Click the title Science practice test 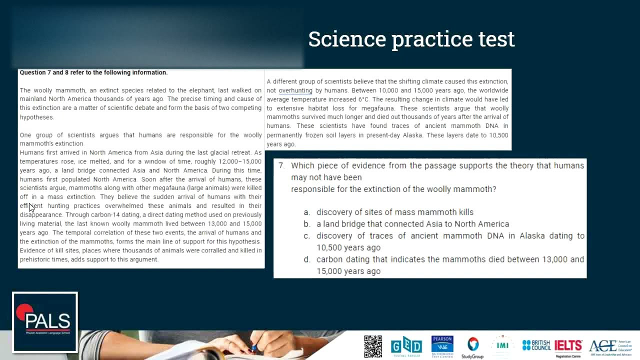coord(411,39)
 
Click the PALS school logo coord(45,322)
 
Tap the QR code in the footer coord(373,346)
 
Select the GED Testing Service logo coord(406,346)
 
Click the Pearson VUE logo coord(442,346)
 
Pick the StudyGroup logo coord(472,347)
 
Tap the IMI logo coord(502,345)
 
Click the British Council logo coord(536,345)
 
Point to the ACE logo coord(610,346)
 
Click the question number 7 coord(281,165)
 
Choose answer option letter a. coord(306,212)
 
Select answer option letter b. coord(306,224)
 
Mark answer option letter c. coord(306,236)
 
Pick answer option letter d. coord(306,259)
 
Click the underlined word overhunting coord(295,90)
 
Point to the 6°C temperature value coord(363,99)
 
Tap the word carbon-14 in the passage coord(108,215)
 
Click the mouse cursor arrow coord(31,207)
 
